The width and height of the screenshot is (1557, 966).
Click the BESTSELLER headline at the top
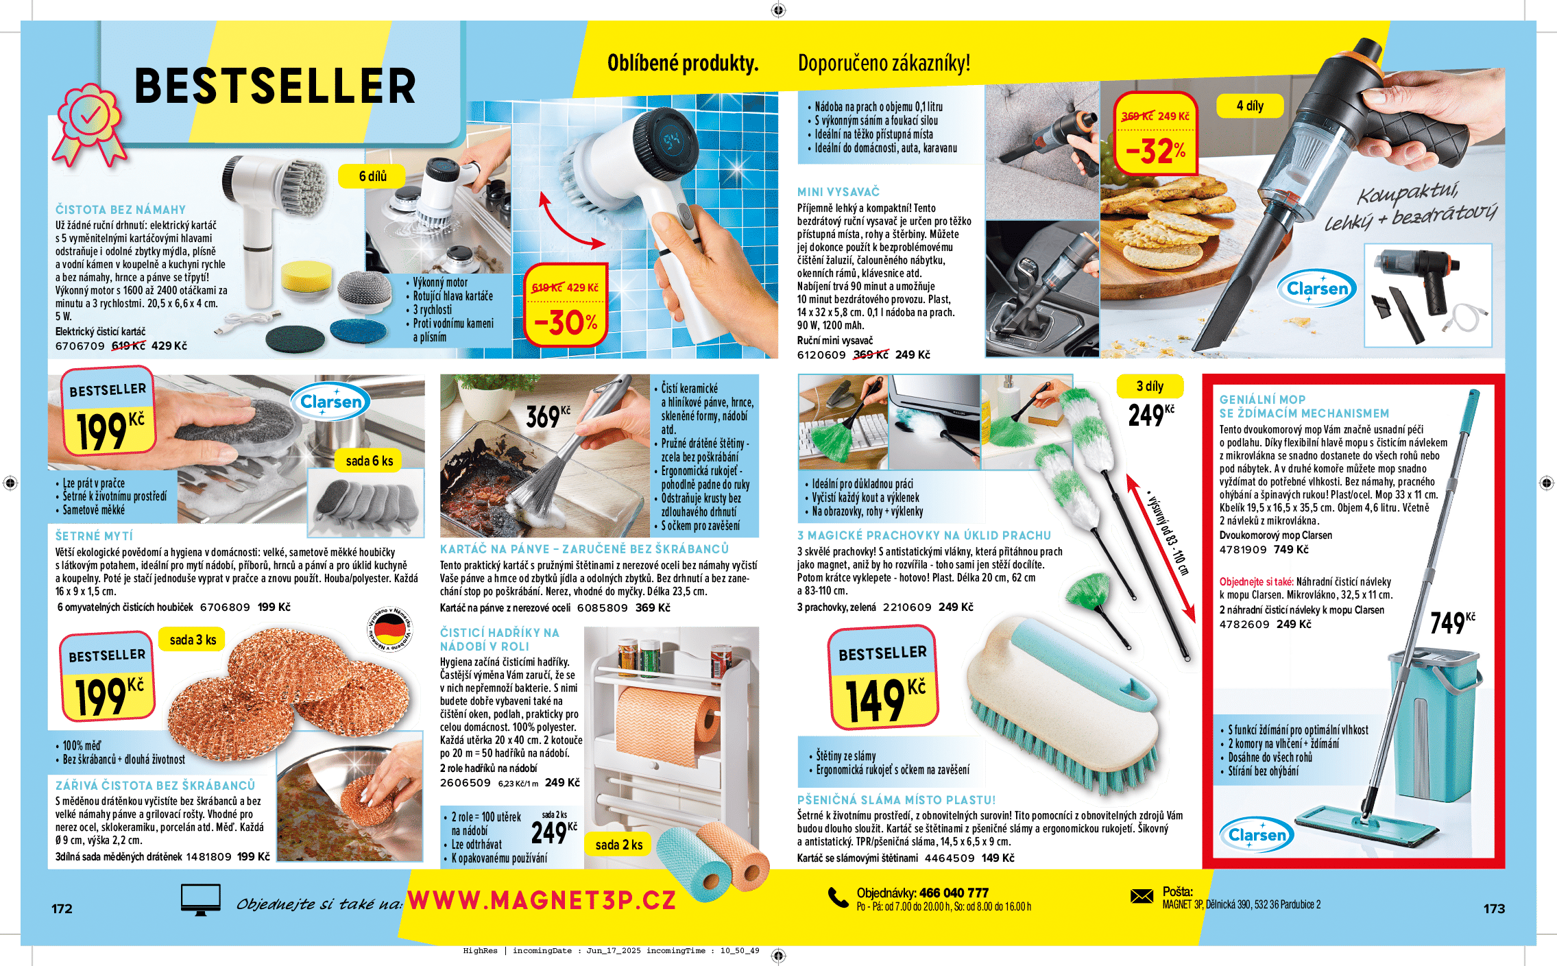pyautogui.click(x=275, y=86)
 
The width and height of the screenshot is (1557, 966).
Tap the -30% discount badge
pyautogui.click(x=566, y=305)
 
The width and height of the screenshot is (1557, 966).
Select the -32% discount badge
pyautogui.click(x=1156, y=134)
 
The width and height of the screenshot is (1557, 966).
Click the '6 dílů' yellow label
pyautogui.click(x=372, y=176)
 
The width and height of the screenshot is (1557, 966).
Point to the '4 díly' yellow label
pyautogui.click(x=1250, y=106)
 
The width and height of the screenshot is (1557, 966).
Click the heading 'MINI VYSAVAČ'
pyautogui.click(x=838, y=192)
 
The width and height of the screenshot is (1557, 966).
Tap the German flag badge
pyautogui.click(x=391, y=629)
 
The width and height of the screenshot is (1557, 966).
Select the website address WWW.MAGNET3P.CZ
pyautogui.click(x=542, y=900)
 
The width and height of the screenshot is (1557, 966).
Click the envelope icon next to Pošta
pyautogui.click(x=1142, y=896)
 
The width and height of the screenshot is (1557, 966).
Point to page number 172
pyautogui.click(x=62, y=908)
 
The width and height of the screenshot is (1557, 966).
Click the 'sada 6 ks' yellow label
pyautogui.click(x=369, y=461)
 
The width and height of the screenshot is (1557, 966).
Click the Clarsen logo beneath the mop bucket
pyautogui.click(x=1257, y=834)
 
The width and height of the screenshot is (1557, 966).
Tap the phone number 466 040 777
pyautogui.click(x=954, y=893)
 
